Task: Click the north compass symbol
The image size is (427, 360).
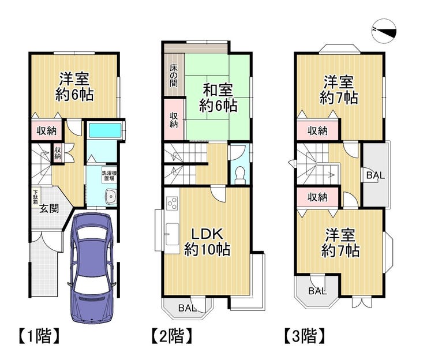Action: tap(384, 31)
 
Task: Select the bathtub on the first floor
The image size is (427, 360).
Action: tap(105, 131)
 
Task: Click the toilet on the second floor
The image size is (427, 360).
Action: tap(240, 175)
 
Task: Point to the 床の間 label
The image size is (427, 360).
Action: tap(174, 76)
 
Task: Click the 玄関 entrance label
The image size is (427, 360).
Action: tap(49, 208)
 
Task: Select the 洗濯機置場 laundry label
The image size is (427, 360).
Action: tap(109, 176)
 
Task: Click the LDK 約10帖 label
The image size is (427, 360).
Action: tap(207, 242)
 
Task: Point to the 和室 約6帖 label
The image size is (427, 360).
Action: tap(218, 97)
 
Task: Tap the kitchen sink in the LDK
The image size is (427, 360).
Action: tap(173, 234)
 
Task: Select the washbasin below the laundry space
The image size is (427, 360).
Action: tap(111, 196)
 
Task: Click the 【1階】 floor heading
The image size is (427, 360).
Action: tap(39, 336)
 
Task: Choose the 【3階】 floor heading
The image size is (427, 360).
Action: tap(305, 336)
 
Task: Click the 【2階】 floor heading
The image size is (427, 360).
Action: tap(172, 336)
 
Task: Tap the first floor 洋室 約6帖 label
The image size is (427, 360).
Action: tap(74, 87)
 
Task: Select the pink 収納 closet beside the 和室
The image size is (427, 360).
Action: tap(174, 120)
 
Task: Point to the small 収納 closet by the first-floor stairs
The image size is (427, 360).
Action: tap(58, 153)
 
